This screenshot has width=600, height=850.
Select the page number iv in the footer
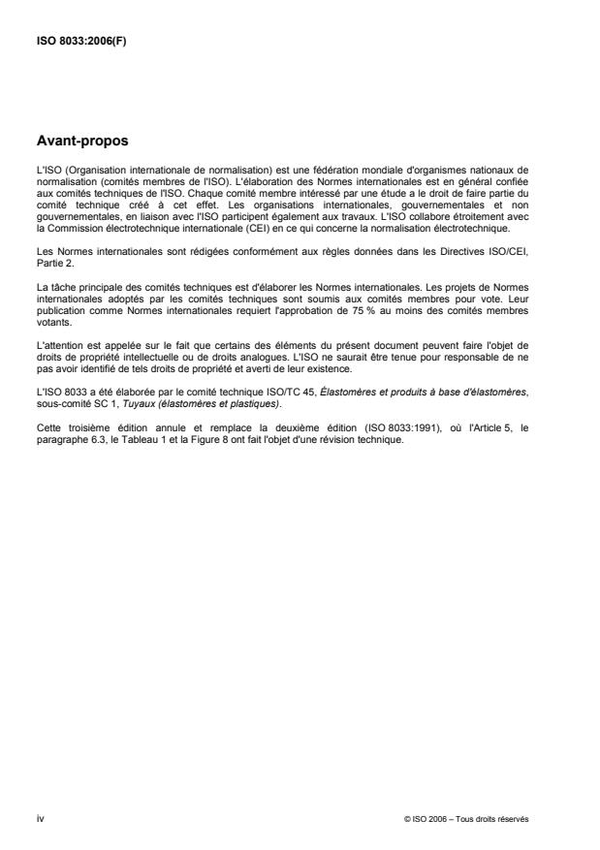pos(40,818)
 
